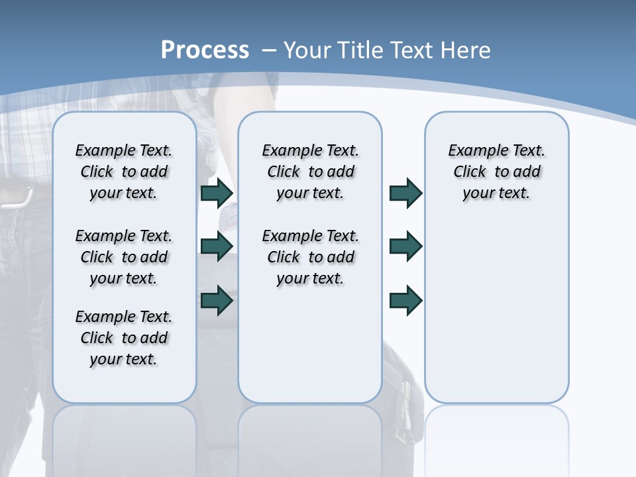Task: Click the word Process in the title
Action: pos(205,50)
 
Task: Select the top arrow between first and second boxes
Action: pos(217,193)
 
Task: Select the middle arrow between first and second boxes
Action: pos(217,246)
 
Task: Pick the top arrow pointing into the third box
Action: pos(405,193)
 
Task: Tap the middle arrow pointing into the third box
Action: pos(405,246)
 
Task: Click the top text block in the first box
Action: pos(124,172)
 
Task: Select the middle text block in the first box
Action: pos(124,257)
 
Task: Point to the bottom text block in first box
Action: pos(124,338)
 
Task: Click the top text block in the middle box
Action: pos(310,172)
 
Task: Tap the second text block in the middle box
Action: pos(310,257)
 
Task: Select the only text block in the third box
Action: pos(496,172)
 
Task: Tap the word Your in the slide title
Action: pos(307,50)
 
